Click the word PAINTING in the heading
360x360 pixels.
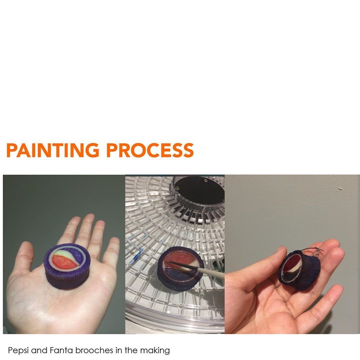pos(53,150)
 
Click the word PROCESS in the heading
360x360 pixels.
pos(150,150)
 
